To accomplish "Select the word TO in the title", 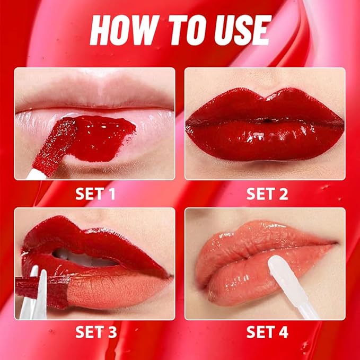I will (x=180, y=30).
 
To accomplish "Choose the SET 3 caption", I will (x=95, y=332).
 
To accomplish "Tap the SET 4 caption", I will (x=267, y=332).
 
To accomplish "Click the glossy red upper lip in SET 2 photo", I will (x=265, y=106).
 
